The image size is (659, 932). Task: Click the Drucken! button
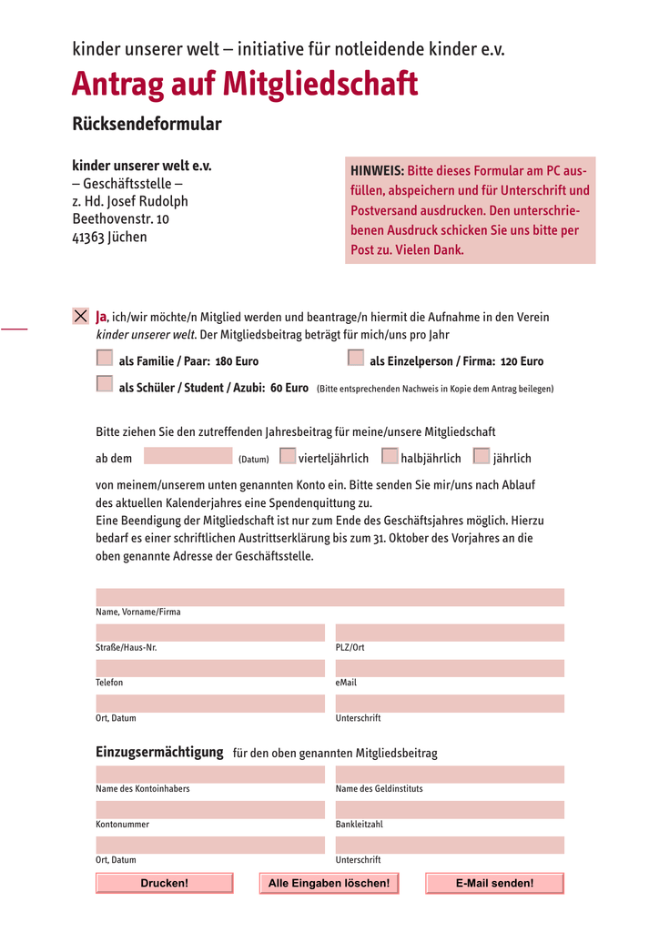pyautogui.click(x=165, y=883)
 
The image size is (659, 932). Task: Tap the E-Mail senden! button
pyautogui.click(x=494, y=883)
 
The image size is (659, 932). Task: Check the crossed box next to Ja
pyautogui.click(x=80, y=317)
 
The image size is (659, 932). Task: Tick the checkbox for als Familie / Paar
pyautogui.click(x=105, y=358)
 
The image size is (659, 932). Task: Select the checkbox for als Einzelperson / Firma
pyautogui.click(x=356, y=358)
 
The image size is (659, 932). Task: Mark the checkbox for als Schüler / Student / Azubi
pyautogui.click(x=105, y=384)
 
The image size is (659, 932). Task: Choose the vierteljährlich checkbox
pyautogui.click(x=288, y=456)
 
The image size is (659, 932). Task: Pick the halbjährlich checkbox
pyautogui.click(x=390, y=456)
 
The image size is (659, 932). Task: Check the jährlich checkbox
pyautogui.click(x=482, y=456)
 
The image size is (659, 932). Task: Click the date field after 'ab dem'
pyautogui.click(x=188, y=456)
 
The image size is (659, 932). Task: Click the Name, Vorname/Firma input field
pyautogui.click(x=329, y=597)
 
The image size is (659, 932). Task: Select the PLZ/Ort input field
pyautogui.click(x=450, y=633)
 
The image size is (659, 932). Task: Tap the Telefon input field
pyautogui.click(x=210, y=668)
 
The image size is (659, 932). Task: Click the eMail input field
pyautogui.click(x=450, y=668)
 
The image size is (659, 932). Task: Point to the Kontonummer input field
pyautogui.click(x=210, y=810)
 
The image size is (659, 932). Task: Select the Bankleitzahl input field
pyautogui.click(x=450, y=810)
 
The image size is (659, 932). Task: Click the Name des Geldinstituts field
pyautogui.click(x=450, y=775)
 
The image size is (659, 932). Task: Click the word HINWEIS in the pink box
pyautogui.click(x=377, y=171)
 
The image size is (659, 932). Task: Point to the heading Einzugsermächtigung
pyautogui.click(x=159, y=752)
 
